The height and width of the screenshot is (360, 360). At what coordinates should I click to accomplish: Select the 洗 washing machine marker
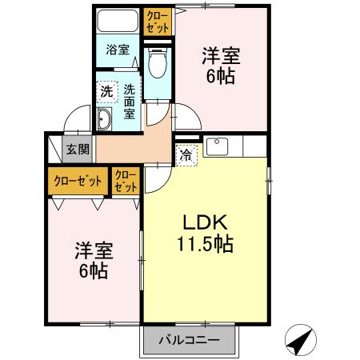pyautogui.click(x=106, y=91)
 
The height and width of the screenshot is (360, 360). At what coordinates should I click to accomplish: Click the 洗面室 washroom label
pyautogui.click(x=127, y=102)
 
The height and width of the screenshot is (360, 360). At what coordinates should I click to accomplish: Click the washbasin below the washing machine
pyautogui.click(x=105, y=120)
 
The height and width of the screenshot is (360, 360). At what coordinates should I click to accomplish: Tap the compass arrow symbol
pyautogui.click(x=300, y=342)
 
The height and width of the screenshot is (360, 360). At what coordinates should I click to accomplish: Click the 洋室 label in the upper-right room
pyautogui.click(x=220, y=57)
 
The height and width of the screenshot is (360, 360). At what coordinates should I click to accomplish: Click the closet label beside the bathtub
pyautogui.click(x=158, y=21)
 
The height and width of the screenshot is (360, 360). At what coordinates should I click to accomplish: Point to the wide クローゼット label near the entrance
pyautogui.click(x=78, y=180)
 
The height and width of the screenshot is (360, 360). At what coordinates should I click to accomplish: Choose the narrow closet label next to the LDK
pyautogui.click(x=126, y=180)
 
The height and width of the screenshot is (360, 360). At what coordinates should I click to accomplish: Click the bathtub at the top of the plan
pyautogui.click(x=118, y=20)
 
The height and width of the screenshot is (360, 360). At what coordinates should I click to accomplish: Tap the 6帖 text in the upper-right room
pyautogui.click(x=220, y=78)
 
